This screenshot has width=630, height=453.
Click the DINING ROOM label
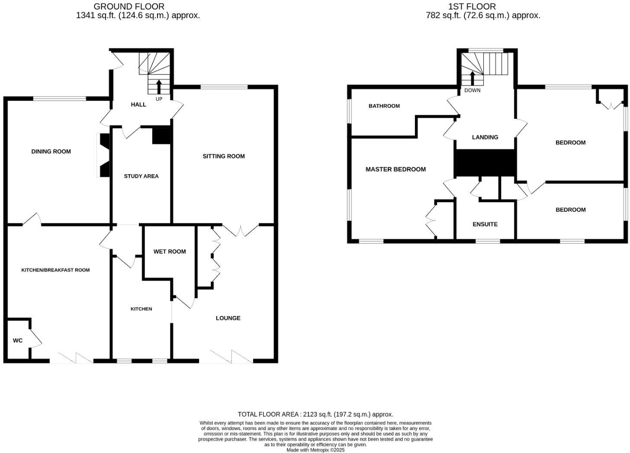[x=51, y=151]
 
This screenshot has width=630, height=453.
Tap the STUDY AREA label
[x=141, y=176]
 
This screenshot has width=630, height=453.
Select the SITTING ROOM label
[x=224, y=156]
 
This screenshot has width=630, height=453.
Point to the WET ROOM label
[x=170, y=251]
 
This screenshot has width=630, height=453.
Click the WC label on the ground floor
[x=18, y=341]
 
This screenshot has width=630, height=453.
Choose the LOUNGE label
[x=228, y=318]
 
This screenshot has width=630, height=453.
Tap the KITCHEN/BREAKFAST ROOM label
[x=55, y=270]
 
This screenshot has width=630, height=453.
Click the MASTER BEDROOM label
[x=395, y=169]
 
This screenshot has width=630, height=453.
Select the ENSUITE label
[x=485, y=224]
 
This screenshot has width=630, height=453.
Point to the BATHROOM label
[x=384, y=106]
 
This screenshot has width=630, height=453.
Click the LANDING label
[x=485, y=137]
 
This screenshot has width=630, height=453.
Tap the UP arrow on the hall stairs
[x=159, y=86]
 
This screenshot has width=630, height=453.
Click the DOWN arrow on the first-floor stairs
[x=472, y=78]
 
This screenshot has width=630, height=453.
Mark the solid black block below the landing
[x=485, y=163]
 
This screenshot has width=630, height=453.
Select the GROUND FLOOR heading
[x=129, y=6]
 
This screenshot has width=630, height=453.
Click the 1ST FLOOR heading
[x=472, y=6]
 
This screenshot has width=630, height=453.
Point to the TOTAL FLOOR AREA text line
[x=315, y=414]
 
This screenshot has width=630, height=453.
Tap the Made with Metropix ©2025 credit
[x=315, y=450]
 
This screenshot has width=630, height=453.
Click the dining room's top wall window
[x=60, y=99]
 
